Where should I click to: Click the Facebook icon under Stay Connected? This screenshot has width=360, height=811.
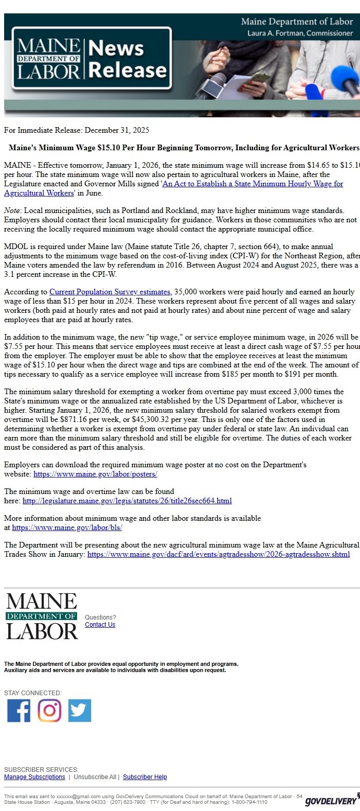[x=19, y=711]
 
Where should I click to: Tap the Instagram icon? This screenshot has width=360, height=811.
[x=49, y=711]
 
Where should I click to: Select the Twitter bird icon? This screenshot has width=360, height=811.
[x=80, y=711]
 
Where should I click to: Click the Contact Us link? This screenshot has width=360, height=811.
[x=100, y=625]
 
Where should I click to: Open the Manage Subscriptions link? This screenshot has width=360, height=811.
[x=34, y=777]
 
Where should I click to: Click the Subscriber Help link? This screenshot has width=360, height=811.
[x=145, y=777]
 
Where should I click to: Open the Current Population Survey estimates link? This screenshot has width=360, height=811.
[x=110, y=292]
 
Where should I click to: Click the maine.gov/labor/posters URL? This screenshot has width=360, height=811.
[x=95, y=474]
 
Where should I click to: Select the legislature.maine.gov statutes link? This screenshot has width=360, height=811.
[x=127, y=501]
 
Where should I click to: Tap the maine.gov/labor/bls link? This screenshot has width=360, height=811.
[x=67, y=527]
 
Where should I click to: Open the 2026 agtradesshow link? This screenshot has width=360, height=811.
[x=219, y=554]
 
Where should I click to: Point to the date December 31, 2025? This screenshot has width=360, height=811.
[x=117, y=130]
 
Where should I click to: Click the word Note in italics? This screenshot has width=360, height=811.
[x=12, y=210]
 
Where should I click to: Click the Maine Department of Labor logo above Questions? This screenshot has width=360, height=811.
[x=42, y=616]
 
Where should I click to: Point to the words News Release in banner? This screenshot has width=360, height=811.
[x=127, y=59]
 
